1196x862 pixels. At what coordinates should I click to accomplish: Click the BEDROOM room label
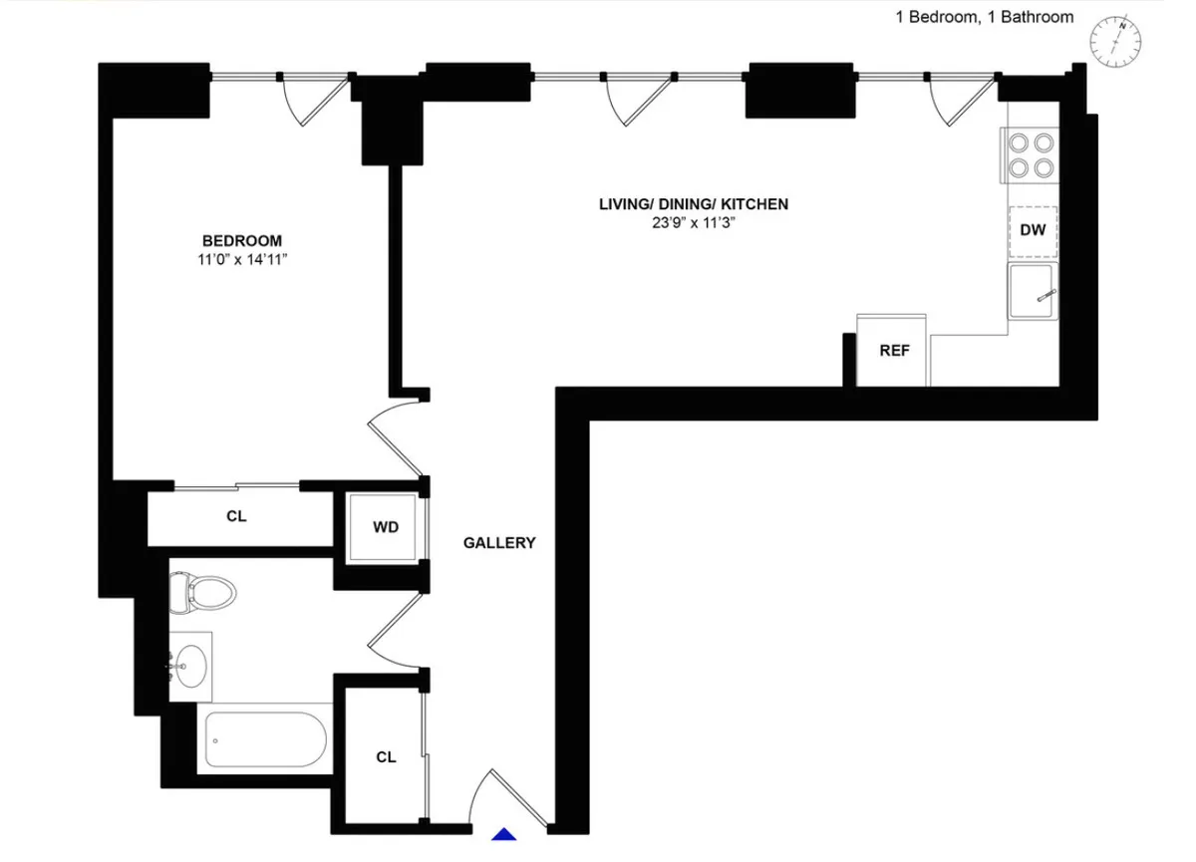pos(241,240)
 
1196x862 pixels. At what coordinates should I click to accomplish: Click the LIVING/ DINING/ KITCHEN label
pos(693,204)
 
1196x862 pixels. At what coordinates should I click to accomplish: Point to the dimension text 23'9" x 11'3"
pos(693,223)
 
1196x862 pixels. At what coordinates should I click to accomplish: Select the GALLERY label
pos(499,543)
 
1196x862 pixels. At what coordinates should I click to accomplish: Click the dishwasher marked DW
pos(1033,231)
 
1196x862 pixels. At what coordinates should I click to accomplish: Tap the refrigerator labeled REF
pos(893,351)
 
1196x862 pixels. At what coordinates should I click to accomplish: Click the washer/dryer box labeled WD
pos(386,527)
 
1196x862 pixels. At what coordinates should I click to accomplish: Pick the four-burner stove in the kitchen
pos(1031,155)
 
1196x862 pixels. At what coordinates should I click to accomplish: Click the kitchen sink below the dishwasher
pos(1033,292)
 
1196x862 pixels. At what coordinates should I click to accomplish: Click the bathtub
pos(267,738)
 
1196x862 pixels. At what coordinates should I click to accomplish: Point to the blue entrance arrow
pos(506,835)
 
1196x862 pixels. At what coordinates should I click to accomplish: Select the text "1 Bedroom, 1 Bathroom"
pos(984,16)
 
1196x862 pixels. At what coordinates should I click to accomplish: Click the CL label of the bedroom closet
pos(236,517)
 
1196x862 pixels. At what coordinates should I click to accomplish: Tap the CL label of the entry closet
pos(386,757)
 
